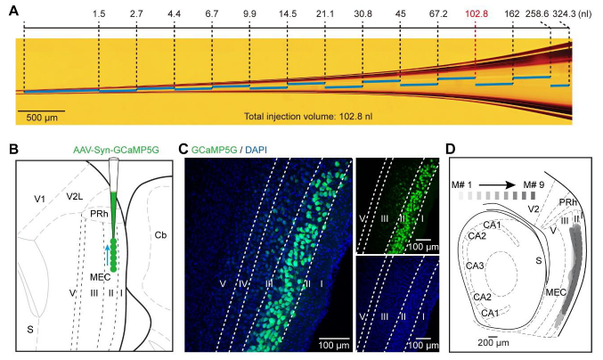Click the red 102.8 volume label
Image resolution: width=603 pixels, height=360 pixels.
click(x=475, y=14)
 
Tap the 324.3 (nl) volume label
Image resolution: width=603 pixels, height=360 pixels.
click(x=577, y=14)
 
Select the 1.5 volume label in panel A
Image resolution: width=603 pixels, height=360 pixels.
click(x=99, y=14)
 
